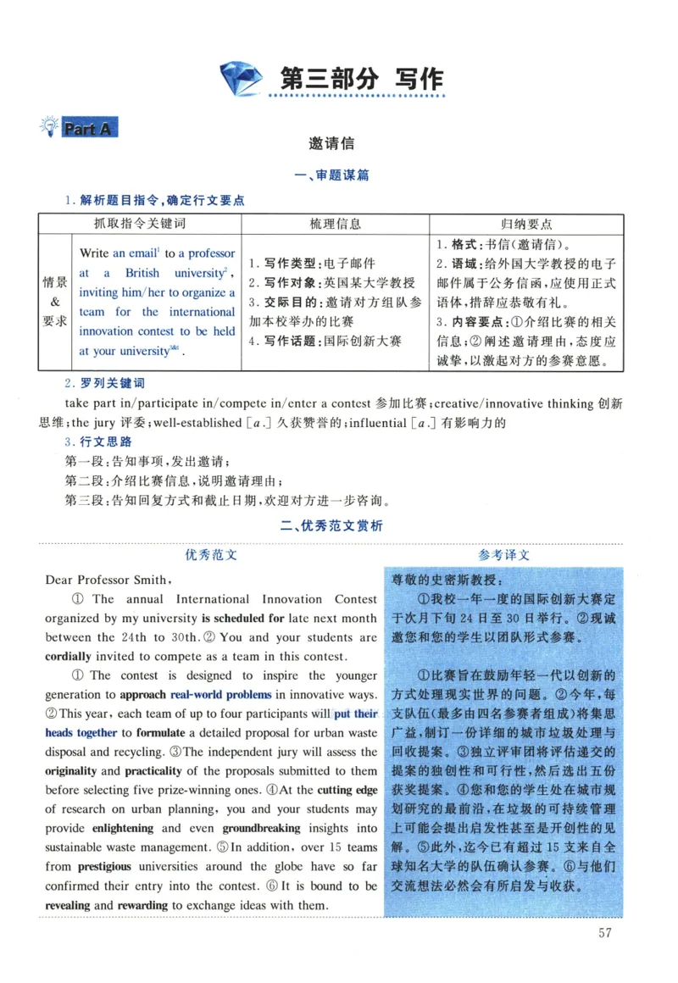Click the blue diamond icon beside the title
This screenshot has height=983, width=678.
(243, 81)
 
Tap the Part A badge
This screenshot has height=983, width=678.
(87, 129)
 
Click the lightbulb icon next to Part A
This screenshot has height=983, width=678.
(48, 128)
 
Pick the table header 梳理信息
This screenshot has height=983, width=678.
(335, 224)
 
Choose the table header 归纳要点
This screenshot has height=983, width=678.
(526, 224)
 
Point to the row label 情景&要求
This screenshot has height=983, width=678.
(55, 302)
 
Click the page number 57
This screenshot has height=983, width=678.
(604, 933)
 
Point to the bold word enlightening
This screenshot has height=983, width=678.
(123, 828)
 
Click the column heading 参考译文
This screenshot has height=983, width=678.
(503, 555)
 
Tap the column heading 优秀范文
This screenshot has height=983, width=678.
(211, 555)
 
